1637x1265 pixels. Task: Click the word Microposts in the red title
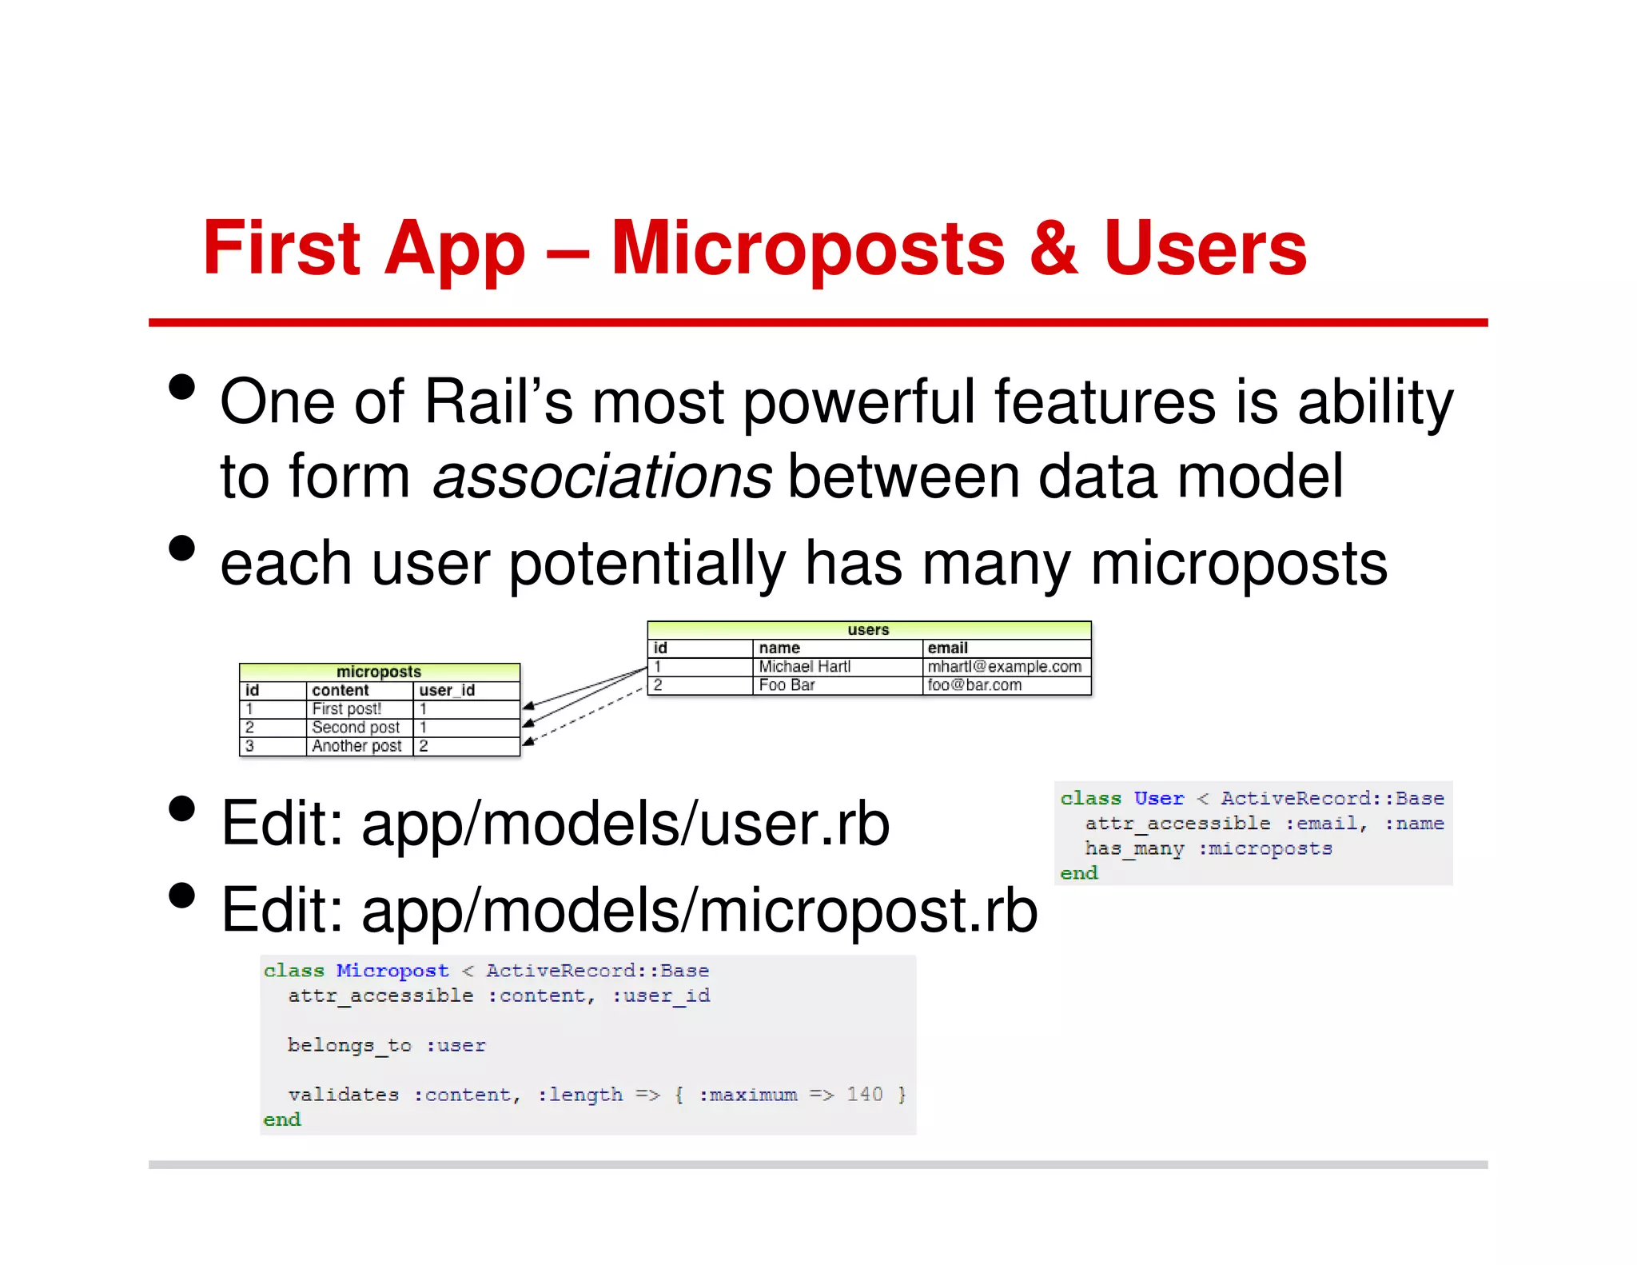[x=807, y=249]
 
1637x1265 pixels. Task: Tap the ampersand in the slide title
[x=1053, y=249]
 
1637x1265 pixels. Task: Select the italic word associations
[x=602, y=477]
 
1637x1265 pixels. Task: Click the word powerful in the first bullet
[x=859, y=402]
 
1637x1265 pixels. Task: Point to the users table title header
[x=868, y=630]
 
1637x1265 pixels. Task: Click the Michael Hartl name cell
[x=804, y=667]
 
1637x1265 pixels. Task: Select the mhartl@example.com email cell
[x=1004, y=667]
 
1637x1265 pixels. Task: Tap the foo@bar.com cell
[x=974, y=685]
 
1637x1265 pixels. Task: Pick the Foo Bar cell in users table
[x=787, y=685]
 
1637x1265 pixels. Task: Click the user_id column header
[x=447, y=690]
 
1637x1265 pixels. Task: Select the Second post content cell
[x=356, y=728]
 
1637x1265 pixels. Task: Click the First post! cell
[x=346, y=709]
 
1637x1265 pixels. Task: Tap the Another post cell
[x=356, y=746]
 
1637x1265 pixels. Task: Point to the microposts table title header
[x=378, y=672]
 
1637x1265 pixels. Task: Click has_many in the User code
[x=1133, y=848]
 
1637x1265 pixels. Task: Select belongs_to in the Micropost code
[x=349, y=1045]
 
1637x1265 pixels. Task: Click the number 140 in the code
[x=865, y=1095]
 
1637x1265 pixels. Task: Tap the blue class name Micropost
[x=392, y=971]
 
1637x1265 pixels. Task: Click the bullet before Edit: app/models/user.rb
[x=182, y=809]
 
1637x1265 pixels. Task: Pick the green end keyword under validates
[x=282, y=1120]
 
